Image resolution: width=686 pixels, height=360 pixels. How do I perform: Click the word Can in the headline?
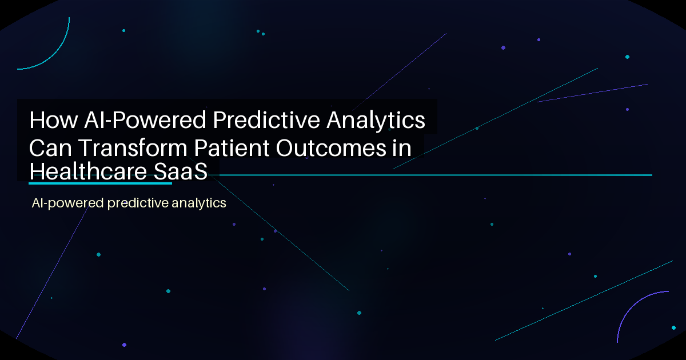[x=51, y=148]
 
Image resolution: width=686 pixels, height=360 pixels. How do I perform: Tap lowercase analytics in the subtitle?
[x=199, y=203]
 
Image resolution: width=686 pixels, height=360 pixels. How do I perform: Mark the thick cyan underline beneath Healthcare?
[x=100, y=183]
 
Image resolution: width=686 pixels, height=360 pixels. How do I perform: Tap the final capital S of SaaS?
[x=200, y=171]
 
